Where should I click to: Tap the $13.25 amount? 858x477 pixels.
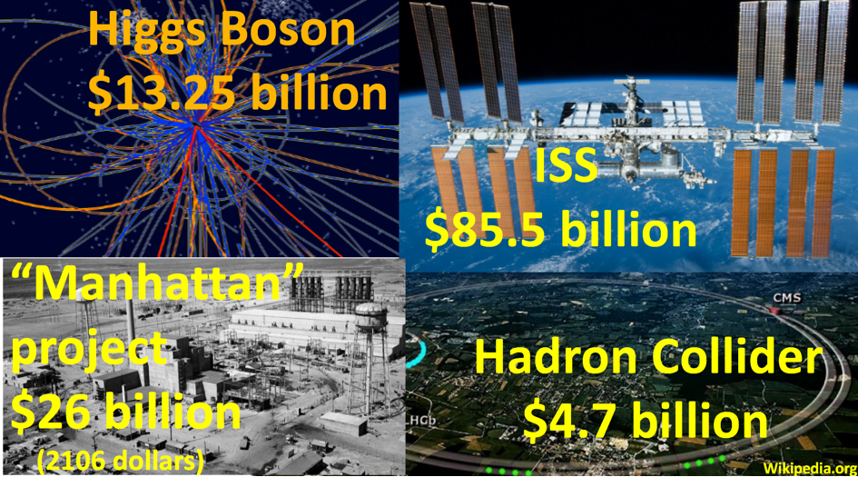click(x=162, y=93)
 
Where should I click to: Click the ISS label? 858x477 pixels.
click(x=566, y=165)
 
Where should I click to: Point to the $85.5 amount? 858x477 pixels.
click(x=485, y=230)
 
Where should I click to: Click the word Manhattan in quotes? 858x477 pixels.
click(x=156, y=283)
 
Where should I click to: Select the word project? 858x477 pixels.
click(x=89, y=351)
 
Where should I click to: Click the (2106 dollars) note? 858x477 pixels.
click(x=121, y=462)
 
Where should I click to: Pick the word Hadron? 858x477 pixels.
click(x=557, y=358)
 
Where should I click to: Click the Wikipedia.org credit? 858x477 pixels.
click(x=810, y=468)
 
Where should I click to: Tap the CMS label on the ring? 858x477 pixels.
click(x=787, y=298)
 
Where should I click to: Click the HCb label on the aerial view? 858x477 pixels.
click(x=423, y=421)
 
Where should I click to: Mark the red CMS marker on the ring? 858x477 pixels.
click(x=774, y=311)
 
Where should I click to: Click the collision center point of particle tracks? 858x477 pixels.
click(x=196, y=127)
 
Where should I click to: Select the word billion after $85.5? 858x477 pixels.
click(x=628, y=229)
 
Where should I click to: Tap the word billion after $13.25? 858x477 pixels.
click(x=319, y=92)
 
